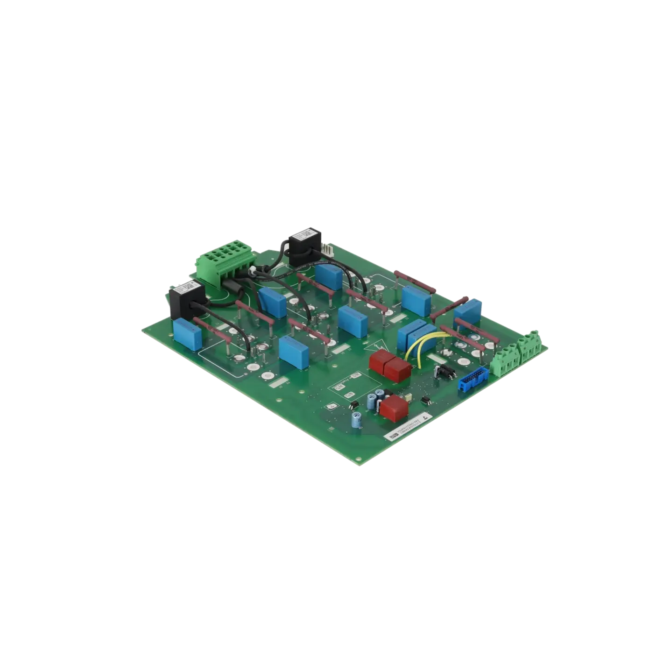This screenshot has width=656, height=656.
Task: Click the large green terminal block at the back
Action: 226,262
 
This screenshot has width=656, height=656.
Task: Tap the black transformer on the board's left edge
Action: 185,300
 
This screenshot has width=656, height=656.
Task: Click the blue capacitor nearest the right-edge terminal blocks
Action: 467,311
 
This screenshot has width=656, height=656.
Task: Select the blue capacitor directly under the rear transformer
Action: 329,275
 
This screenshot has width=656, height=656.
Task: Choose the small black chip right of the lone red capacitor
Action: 425,400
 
